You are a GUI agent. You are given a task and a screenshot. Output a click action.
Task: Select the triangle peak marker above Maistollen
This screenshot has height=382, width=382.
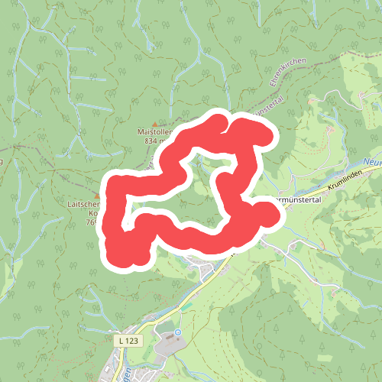point(155,124)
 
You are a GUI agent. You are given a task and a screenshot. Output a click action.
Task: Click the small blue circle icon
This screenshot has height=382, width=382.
point(178,332)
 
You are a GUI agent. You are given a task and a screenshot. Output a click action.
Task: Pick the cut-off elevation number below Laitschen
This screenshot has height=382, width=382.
point(90,223)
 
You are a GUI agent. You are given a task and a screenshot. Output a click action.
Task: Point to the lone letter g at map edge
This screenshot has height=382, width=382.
point(2,160)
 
